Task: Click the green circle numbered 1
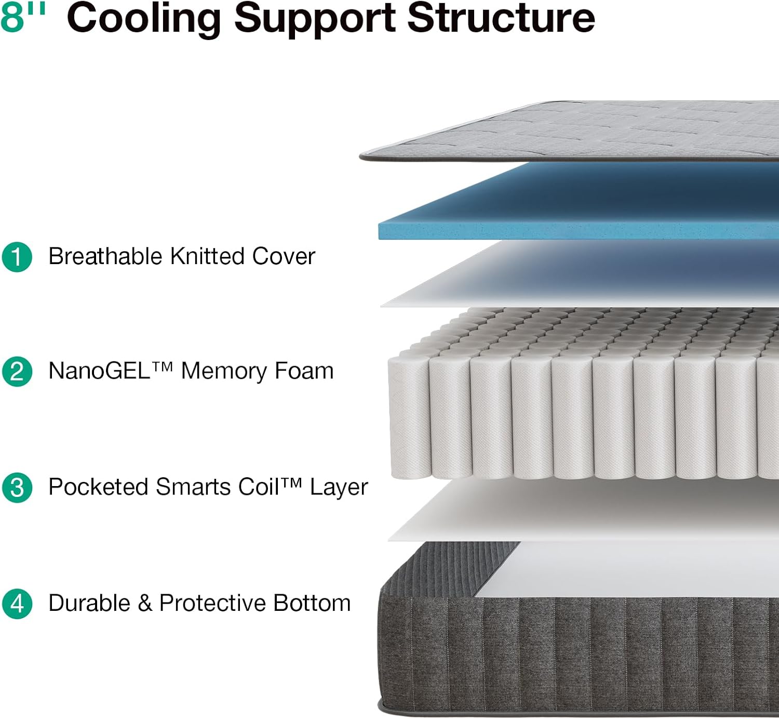[x=17, y=257]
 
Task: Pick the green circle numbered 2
[x=17, y=372]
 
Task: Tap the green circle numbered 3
[x=17, y=488]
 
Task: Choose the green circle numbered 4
[x=17, y=604]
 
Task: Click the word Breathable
[x=105, y=256]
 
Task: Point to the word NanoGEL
[x=99, y=371]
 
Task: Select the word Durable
[x=89, y=603]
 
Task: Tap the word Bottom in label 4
[x=312, y=603]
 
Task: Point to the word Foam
[x=304, y=371]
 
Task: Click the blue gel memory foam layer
[x=571, y=208]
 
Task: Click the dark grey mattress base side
[x=571, y=655]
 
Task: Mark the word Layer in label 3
[x=339, y=488]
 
